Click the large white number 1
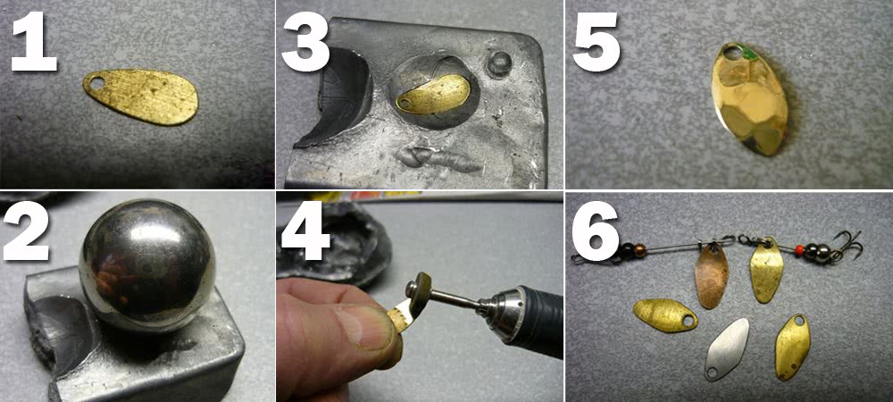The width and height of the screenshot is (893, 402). point(34,42)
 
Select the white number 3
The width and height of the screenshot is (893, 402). point(305,42)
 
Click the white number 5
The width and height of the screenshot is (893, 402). point(596,42)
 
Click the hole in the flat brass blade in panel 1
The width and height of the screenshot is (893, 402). point(98,84)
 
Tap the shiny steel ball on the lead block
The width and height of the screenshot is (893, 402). point(147,264)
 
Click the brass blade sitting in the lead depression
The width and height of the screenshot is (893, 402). point(433,95)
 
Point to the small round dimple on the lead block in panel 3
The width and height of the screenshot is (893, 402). point(500,63)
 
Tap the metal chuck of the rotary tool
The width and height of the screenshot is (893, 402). point(499,310)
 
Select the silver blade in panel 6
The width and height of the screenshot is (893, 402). point(726,349)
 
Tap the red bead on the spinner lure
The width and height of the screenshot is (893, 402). point(801,249)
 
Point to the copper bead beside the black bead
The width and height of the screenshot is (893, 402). point(639,251)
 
